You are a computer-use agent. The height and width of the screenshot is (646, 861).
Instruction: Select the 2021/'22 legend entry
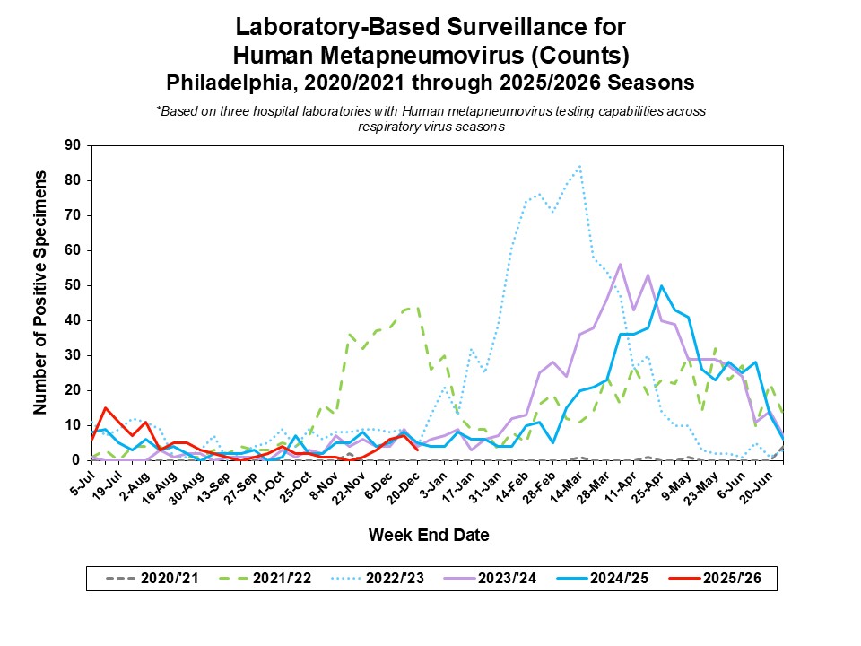265,579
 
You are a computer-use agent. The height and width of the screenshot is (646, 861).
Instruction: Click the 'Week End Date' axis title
429,536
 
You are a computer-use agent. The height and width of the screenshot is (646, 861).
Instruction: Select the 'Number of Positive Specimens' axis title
40,302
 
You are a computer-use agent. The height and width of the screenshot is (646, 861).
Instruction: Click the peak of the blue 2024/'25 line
661,286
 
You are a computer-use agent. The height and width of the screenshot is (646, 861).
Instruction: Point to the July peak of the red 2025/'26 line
106,408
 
